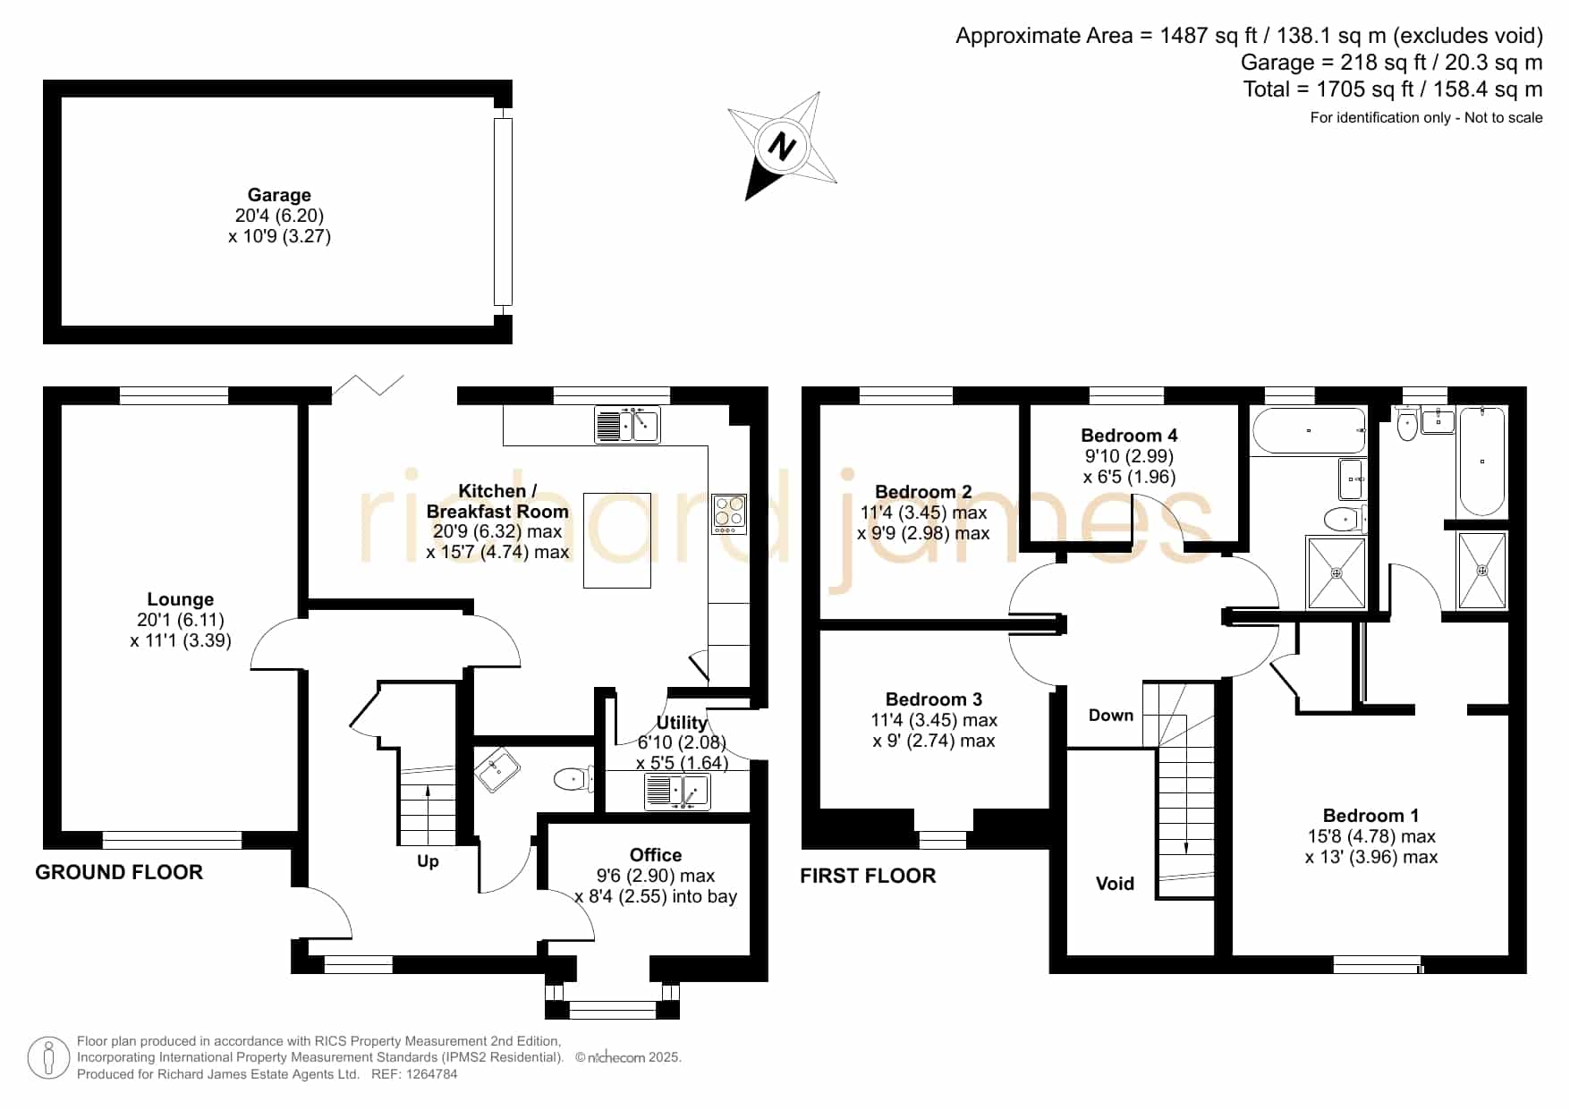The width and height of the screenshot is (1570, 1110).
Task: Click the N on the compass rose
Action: pos(783,147)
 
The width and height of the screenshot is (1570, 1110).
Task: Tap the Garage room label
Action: pos(279,195)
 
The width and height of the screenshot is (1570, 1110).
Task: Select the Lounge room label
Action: pos(181,599)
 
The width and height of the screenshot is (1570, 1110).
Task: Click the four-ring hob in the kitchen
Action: pos(729,514)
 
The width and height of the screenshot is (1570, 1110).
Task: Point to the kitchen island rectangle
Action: pos(617,540)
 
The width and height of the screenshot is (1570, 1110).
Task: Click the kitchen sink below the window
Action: pos(627,425)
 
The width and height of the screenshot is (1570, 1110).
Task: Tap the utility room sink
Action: pos(677,792)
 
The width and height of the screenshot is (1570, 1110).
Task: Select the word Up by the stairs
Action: pos(428,861)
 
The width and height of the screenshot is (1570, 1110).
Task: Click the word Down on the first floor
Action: pos(1111,716)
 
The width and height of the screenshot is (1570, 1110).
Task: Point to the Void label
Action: pos(1115,884)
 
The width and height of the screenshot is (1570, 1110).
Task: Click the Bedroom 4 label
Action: pos(1129,436)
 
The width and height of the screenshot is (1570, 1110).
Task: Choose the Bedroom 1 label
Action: pos(1371,816)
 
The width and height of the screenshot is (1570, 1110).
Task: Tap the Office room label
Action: pos(656,855)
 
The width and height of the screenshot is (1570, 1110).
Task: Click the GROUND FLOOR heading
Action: pos(119,872)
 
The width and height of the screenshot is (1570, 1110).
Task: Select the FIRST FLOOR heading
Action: pos(868,877)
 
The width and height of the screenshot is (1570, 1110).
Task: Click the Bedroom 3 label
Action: pos(934,699)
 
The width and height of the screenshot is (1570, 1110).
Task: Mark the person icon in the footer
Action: pos(48,1058)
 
